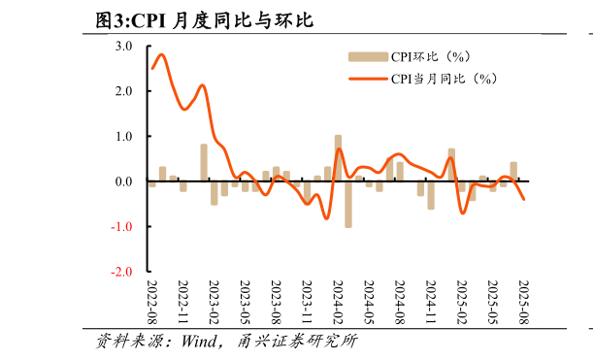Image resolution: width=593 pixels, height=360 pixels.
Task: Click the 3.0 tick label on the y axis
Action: [x=124, y=46]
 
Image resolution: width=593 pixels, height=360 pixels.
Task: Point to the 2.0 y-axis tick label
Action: [x=124, y=91]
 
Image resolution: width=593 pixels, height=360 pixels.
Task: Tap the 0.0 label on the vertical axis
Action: [x=124, y=181]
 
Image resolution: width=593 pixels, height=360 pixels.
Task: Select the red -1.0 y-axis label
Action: [x=122, y=227]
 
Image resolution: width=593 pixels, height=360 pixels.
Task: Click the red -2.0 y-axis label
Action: [x=122, y=273]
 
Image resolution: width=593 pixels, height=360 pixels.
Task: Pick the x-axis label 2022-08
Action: [x=152, y=303]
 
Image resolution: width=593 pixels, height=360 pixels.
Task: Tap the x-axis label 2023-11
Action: [x=307, y=303]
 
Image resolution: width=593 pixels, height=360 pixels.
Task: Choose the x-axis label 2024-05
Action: [x=369, y=303]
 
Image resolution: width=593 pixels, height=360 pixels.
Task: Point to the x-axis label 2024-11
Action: [x=431, y=303]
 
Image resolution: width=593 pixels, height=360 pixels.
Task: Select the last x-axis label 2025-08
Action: [x=523, y=303]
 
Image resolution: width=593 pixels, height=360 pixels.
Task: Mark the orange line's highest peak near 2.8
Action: [x=161, y=54]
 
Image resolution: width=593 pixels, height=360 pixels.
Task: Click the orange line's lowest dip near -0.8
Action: [x=326, y=218]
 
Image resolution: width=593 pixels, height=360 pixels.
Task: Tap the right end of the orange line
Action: [x=524, y=199]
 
